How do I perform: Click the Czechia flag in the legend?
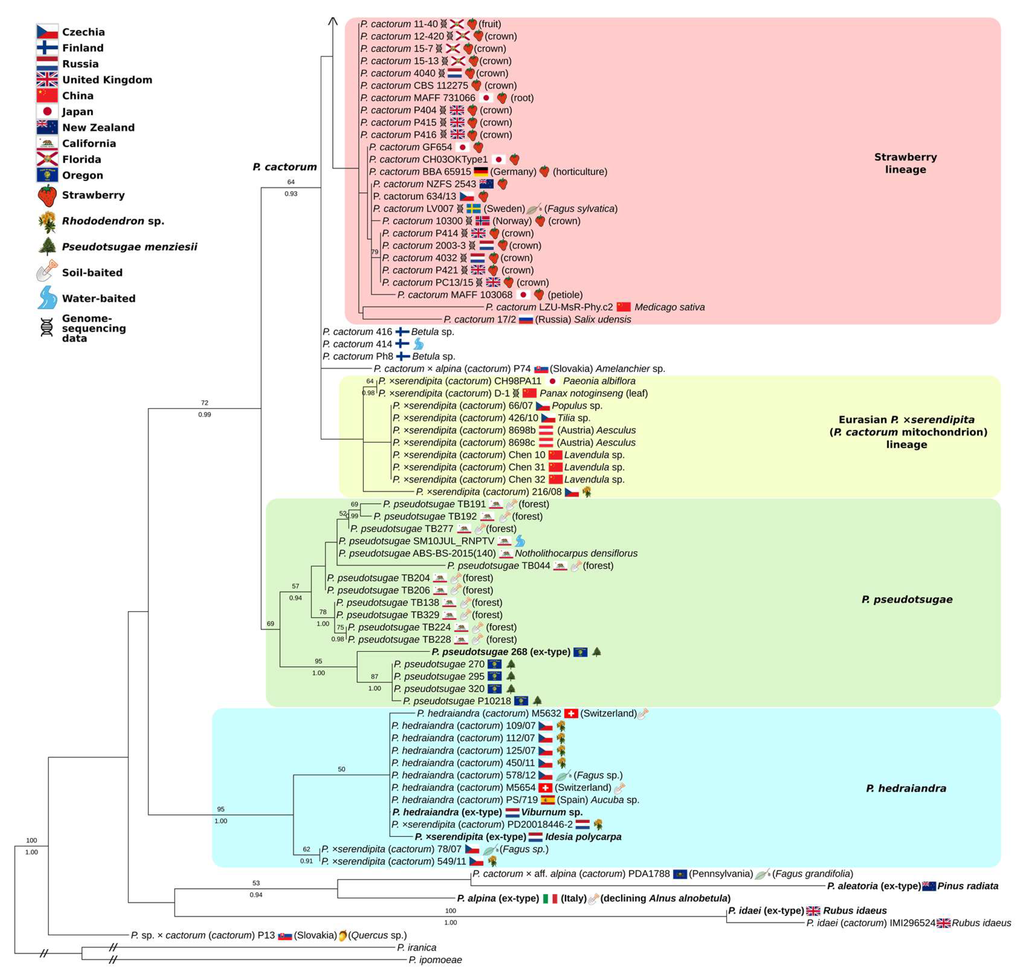(47, 32)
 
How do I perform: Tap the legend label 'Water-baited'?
(99, 298)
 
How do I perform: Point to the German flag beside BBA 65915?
(480, 172)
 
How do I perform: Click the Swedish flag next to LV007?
(473, 209)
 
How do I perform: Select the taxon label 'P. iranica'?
(417, 947)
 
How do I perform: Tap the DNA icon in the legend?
(47, 328)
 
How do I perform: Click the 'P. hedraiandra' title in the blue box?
(906, 788)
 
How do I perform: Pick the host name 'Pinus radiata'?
(967, 886)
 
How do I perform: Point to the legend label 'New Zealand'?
(98, 128)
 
